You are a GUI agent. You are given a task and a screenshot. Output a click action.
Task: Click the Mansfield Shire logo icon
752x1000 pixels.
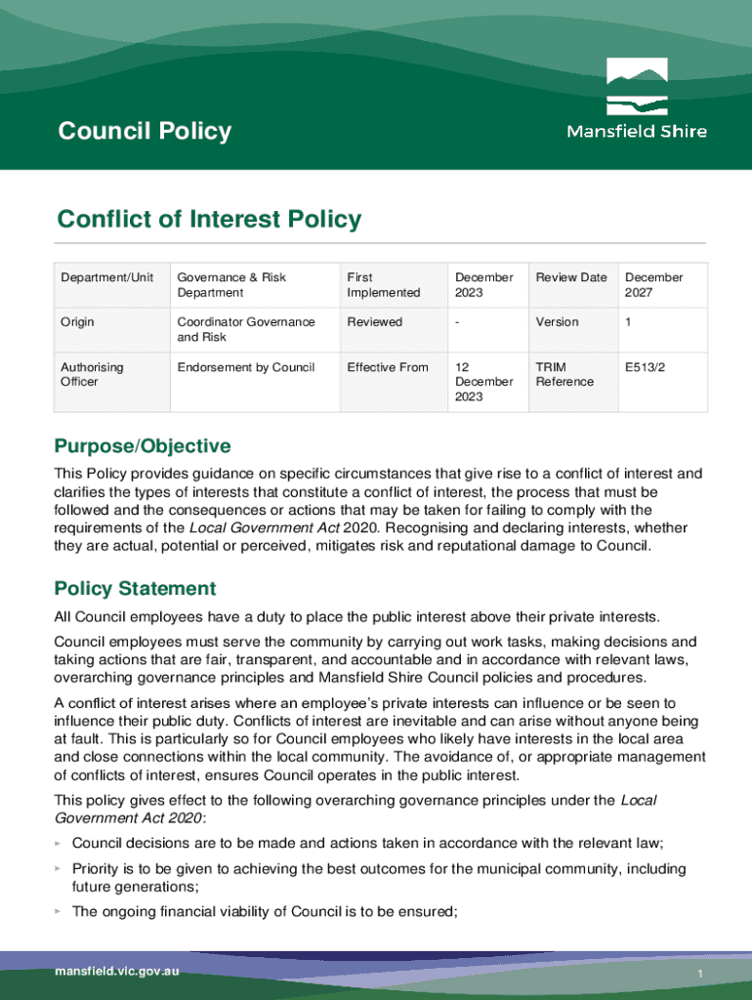[637, 87]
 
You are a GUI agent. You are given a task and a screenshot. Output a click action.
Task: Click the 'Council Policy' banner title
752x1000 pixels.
[145, 131]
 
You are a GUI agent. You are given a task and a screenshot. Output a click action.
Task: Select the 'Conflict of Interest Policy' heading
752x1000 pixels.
[209, 220]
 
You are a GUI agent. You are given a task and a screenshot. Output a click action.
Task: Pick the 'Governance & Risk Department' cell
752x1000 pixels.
[231, 284]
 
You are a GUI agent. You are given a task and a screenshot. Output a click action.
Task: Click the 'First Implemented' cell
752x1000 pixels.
[383, 284]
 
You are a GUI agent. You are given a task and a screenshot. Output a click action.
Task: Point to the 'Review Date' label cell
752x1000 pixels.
[571, 277]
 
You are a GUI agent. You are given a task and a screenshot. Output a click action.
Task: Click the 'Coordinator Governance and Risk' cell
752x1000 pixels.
[246, 329]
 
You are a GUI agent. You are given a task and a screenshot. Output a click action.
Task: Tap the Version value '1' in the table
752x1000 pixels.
[629, 321]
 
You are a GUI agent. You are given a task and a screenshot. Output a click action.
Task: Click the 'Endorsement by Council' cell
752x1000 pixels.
[246, 367]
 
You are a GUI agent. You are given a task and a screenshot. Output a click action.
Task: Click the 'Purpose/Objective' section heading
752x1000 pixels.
[143, 446]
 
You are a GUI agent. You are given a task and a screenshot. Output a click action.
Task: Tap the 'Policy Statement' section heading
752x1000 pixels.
[135, 589]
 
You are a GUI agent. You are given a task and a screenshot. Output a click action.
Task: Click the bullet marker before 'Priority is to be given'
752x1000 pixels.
[59, 869]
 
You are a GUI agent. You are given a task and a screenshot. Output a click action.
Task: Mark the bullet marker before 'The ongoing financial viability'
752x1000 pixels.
[59, 912]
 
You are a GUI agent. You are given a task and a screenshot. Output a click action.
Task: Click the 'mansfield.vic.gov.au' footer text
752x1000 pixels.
[117, 972]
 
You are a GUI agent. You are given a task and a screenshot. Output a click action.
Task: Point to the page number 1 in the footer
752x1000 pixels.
[700, 976]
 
